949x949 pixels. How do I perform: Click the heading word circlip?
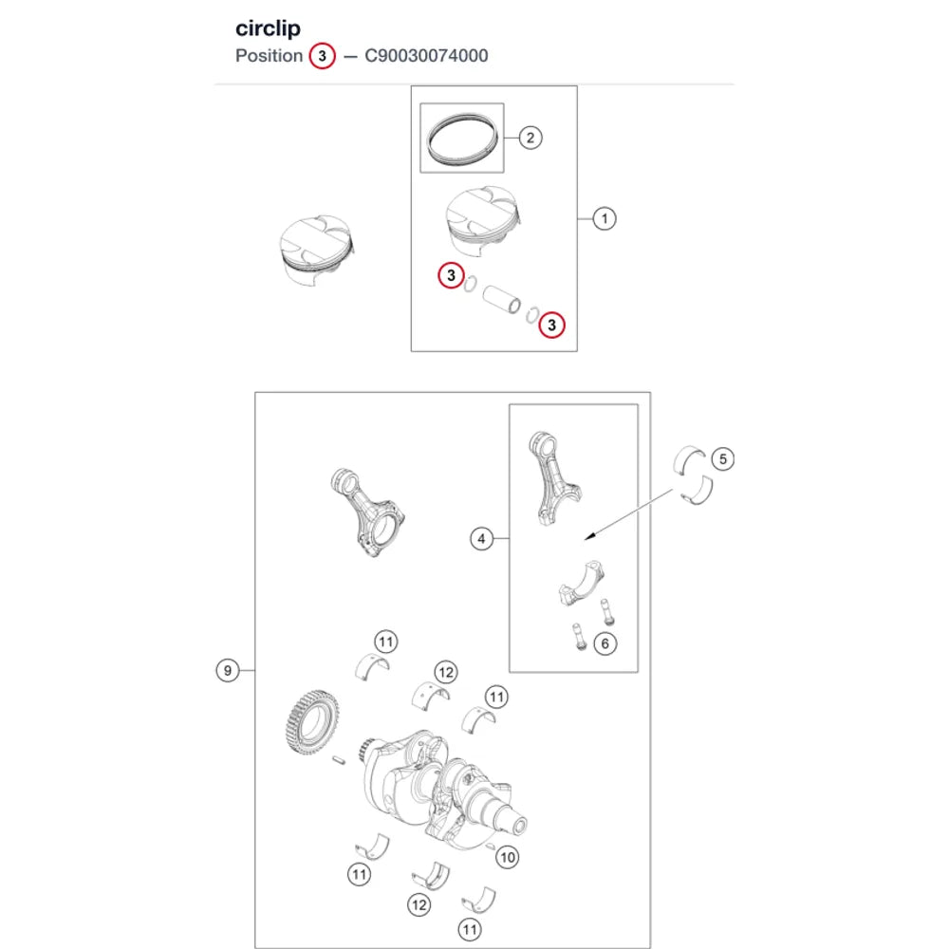tap(268, 28)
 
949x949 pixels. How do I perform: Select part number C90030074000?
tap(426, 56)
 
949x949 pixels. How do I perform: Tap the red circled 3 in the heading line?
tap(322, 56)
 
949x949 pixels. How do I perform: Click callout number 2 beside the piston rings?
tap(530, 138)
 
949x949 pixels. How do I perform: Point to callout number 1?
tap(604, 218)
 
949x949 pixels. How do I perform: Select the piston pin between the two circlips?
tap(502, 300)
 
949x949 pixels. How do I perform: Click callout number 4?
tap(481, 539)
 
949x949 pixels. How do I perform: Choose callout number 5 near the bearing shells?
tap(722, 459)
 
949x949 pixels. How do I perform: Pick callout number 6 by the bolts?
tap(605, 643)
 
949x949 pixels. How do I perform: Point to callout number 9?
tap(228, 671)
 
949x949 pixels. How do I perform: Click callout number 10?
tap(507, 857)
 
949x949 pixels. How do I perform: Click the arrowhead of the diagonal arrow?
tap(589, 536)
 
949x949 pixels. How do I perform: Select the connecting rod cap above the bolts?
tap(582, 584)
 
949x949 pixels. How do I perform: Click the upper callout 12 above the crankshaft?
tap(445, 673)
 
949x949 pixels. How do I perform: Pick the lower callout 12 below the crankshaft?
tap(419, 905)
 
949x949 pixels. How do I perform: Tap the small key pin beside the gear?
tap(340, 759)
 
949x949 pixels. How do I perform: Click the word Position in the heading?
tap(269, 56)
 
